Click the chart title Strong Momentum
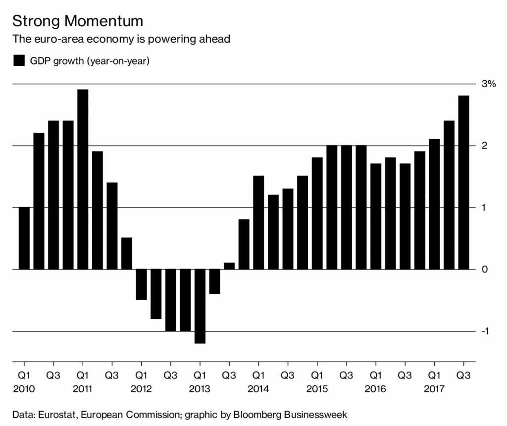[77, 21]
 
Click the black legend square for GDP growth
[19, 61]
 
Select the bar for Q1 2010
[24, 238]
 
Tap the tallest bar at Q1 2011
[83, 179]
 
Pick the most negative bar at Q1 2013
[200, 306]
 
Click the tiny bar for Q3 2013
[229, 266]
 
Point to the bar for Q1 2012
[142, 284]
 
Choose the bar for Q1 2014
[258, 222]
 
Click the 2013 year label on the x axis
[200, 389]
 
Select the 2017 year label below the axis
[434, 389]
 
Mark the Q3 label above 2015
[346, 375]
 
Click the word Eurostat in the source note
[51, 415]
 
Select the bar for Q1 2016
[376, 216]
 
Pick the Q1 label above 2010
[24, 375]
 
